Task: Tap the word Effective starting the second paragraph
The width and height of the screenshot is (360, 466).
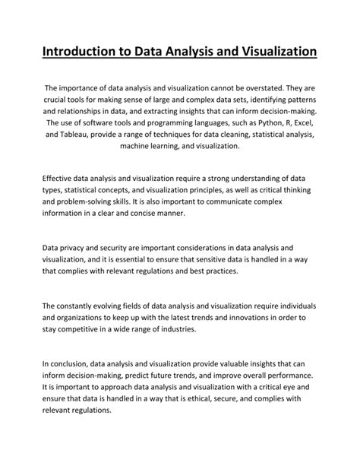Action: (x=61, y=179)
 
